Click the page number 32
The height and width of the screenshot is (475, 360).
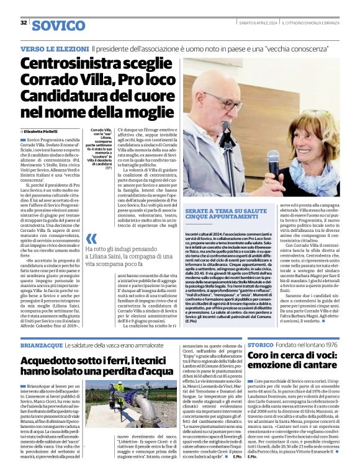(x=24, y=22)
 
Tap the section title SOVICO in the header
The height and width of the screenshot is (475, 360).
(x=58, y=25)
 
